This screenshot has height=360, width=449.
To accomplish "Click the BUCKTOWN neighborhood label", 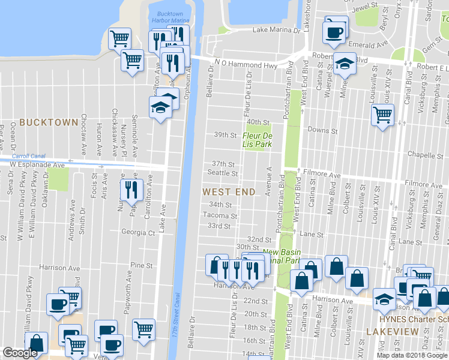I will [x=49, y=122].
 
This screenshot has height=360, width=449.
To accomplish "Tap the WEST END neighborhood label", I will [x=229, y=192].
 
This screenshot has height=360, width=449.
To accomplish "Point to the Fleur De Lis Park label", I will [x=258, y=140].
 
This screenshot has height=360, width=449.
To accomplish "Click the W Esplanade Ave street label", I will [x=37, y=163].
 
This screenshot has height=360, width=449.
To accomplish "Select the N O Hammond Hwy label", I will [x=246, y=64].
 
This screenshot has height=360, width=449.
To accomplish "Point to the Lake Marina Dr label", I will [x=277, y=29].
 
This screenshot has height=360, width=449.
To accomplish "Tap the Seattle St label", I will [x=223, y=173].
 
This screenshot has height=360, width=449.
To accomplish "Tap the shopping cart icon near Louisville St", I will [x=382, y=113].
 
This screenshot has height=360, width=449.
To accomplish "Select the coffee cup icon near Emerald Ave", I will [x=334, y=32].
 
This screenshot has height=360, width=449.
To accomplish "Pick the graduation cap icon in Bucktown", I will [x=160, y=108].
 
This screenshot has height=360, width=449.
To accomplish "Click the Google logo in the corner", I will [x=20, y=353].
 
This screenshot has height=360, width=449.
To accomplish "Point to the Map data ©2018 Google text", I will [x=412, y=355].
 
